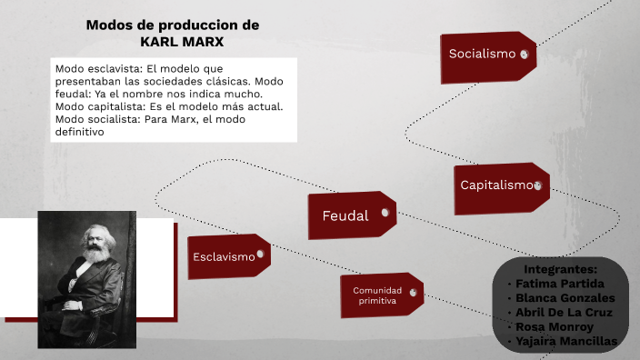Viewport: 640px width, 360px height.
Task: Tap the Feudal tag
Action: (350, 215)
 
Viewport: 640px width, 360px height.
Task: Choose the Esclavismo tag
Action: (228, 256)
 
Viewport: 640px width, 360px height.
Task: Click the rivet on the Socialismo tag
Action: (524, 55)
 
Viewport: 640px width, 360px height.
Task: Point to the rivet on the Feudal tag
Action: (385, 213)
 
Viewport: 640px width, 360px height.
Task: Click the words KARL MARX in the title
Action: (182, 41)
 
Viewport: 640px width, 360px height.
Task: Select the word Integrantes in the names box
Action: (561, 269)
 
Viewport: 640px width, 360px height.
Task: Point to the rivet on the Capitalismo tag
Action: (538, 186)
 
